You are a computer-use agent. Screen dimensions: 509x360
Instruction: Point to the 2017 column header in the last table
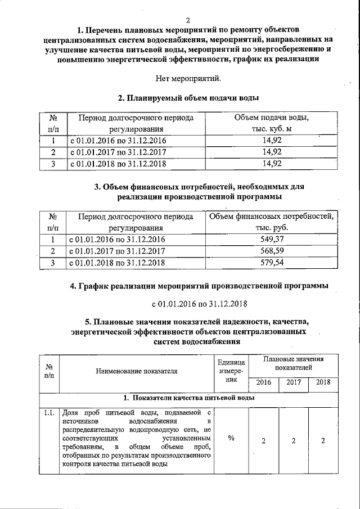[293, 382]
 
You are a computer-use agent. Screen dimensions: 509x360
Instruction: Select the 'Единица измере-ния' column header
[231, 371]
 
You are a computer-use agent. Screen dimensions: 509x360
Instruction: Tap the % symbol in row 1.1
[231, 439]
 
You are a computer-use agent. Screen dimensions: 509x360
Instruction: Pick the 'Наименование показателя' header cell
[137, 371]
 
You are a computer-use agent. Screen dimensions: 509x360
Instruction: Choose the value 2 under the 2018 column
[323, 440]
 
